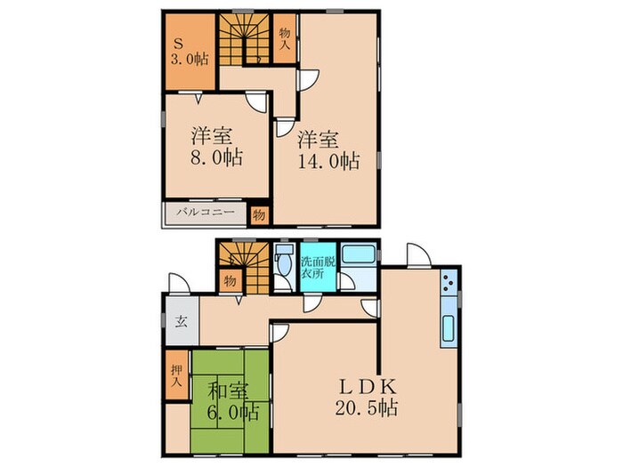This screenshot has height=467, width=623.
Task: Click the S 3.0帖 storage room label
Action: click(189, 51)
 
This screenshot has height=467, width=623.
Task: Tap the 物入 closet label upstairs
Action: click(285, 38)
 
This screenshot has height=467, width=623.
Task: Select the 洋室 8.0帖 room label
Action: click(215, 147)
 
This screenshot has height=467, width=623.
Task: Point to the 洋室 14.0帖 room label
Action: click(329, 150)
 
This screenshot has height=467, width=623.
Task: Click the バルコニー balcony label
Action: click(206, 212)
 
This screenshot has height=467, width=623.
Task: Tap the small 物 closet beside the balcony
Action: click(259, 215)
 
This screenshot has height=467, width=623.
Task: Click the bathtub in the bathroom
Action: click(359, 254)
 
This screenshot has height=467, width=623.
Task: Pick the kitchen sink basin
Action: click(449, 328)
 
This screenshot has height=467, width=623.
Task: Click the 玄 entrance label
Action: click(182, 321)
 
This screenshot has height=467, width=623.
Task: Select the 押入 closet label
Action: click(176, 375)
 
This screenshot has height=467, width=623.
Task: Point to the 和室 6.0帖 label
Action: click(232, 402)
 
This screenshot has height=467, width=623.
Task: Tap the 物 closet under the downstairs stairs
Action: click(230, 281)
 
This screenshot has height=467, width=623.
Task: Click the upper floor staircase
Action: click(244, 39)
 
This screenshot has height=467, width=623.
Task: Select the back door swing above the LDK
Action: click(417, 254)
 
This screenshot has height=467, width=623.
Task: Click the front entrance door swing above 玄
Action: click(179, 284)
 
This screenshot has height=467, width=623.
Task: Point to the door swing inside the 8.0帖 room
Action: click(256, 103)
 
